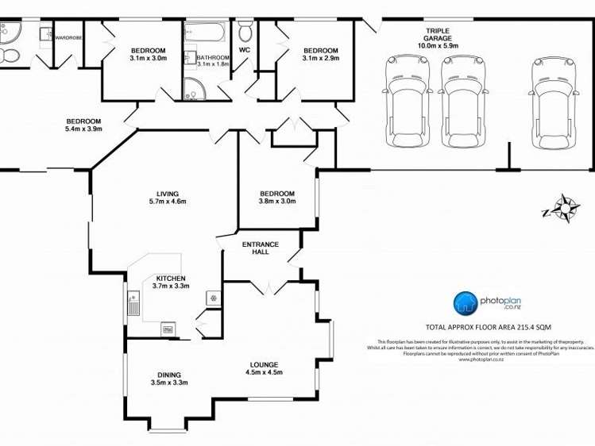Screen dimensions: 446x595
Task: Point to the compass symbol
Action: click(564, 208)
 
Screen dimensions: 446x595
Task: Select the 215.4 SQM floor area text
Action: click(489, 327)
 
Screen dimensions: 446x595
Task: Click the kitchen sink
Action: click(133, 303)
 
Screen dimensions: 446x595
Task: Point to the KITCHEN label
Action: click(171, 279)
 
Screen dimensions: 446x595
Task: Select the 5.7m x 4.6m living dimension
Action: click(167, 202)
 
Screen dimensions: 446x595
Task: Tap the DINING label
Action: click(168, 375)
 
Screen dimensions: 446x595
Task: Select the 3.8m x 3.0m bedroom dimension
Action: click(277, 202)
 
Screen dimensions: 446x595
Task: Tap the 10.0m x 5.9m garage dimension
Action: click(437, 46)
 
